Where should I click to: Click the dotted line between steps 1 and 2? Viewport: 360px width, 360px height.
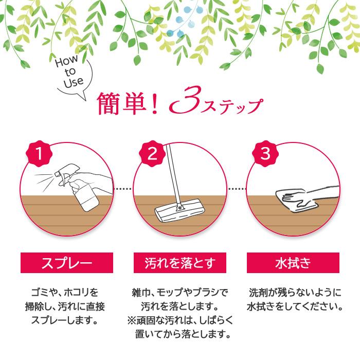tap(123, 189)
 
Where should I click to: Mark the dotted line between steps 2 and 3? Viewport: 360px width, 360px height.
tap(236, 189)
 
